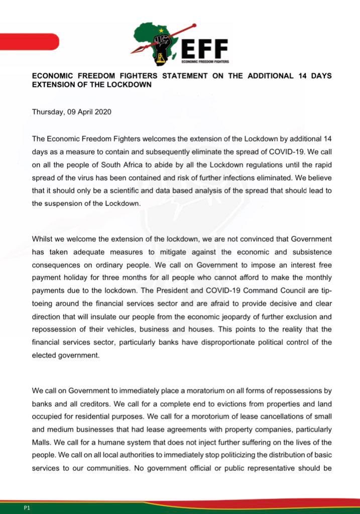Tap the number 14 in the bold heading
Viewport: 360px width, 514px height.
pos(293,76)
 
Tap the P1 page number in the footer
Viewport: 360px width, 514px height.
pos(27,508)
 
